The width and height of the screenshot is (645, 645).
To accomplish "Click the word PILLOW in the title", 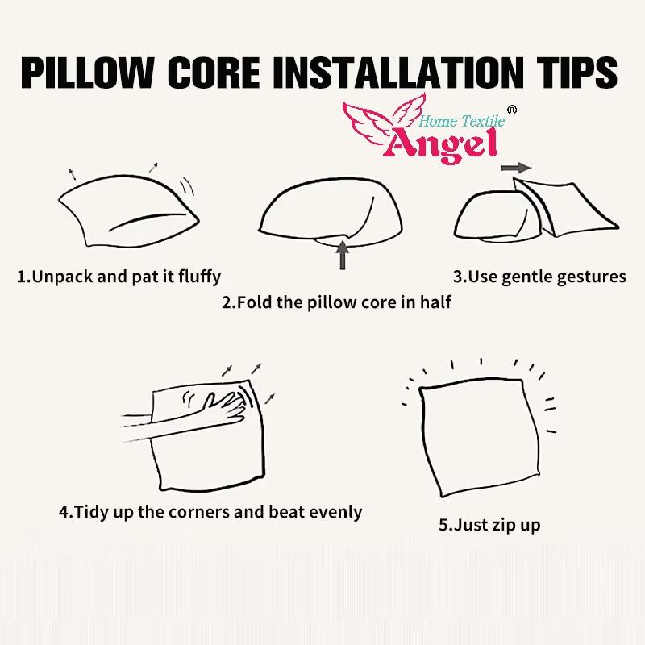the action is click(87, 73).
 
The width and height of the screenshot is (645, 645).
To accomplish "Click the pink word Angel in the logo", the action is click(442, 145).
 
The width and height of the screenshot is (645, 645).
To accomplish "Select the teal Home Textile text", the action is click(461, 121).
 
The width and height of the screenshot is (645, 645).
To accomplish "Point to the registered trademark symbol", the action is click(512, 110).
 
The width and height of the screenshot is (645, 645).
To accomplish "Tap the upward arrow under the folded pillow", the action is click(342, 255).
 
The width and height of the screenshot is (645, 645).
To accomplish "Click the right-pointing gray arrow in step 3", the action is click(516, 168).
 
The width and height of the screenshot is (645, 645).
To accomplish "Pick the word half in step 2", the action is click(435, 302).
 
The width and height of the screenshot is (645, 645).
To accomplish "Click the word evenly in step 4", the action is click(335, 513).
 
